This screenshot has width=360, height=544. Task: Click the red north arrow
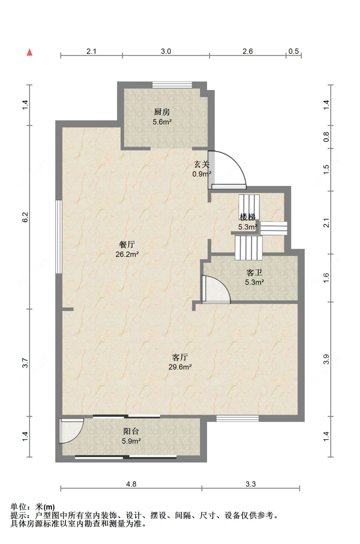click(30, 52)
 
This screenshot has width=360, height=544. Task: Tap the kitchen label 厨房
click(162, 112)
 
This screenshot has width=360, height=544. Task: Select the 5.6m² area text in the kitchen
click(162, 122)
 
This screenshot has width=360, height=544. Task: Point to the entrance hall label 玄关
click(202, 164)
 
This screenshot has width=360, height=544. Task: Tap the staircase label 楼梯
click(247, 217)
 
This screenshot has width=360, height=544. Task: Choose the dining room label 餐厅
click(127, 244)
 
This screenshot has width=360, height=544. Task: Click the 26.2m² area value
click(127, 254)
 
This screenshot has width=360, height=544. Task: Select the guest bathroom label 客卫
click(254, 273)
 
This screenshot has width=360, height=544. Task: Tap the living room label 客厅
click(180, 357)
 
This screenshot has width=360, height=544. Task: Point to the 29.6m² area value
click(180, 367)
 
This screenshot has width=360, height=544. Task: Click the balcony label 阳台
click(131, 431)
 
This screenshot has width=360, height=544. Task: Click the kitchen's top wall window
click(172, 85)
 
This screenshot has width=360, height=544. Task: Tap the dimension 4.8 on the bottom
click(131, 484)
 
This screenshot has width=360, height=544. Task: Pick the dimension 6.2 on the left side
click(26, 217)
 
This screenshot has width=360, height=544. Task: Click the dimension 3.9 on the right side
click(326, 360)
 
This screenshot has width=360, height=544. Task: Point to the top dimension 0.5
click(293, 51)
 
